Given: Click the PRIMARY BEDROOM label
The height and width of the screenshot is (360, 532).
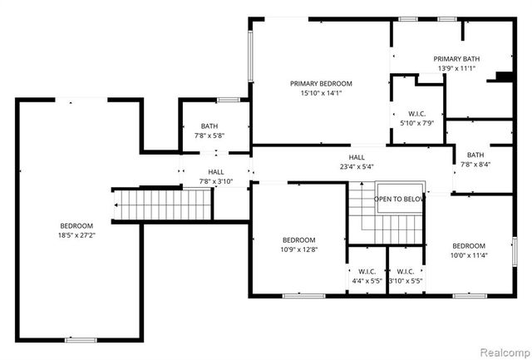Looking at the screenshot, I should pos(321,83).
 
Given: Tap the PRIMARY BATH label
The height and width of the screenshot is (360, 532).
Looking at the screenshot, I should pos(456,58).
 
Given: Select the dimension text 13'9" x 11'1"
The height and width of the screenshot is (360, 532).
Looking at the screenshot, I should pos(456,68).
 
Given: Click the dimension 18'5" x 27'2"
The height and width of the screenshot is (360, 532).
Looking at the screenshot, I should pos(76,235).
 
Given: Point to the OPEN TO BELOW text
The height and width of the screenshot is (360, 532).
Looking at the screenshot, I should pos(400,200).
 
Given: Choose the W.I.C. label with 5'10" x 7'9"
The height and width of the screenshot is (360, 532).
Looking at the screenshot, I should pos(417,114).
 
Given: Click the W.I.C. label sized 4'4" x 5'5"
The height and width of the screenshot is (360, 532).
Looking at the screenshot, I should pos(367,271).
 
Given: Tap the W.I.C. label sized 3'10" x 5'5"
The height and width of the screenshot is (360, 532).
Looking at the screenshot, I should pos(406,271).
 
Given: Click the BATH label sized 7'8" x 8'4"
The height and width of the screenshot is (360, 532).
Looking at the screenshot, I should pos(475,155).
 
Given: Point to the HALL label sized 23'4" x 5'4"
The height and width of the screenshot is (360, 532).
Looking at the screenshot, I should pos(356,157).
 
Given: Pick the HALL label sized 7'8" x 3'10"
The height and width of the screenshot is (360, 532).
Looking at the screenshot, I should pos(215,171).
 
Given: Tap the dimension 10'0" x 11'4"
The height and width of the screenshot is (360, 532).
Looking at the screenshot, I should pos(469,255).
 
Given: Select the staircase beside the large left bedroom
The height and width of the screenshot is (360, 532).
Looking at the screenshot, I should pos(163,205).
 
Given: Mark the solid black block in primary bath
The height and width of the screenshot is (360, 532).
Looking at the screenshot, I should pos(503,77).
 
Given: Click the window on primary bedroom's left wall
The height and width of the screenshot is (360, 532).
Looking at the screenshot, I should pos(250,56).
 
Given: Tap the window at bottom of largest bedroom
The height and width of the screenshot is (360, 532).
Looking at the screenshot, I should pos(81,339).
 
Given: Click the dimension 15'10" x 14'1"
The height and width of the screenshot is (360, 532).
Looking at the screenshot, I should pos(321,93).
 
